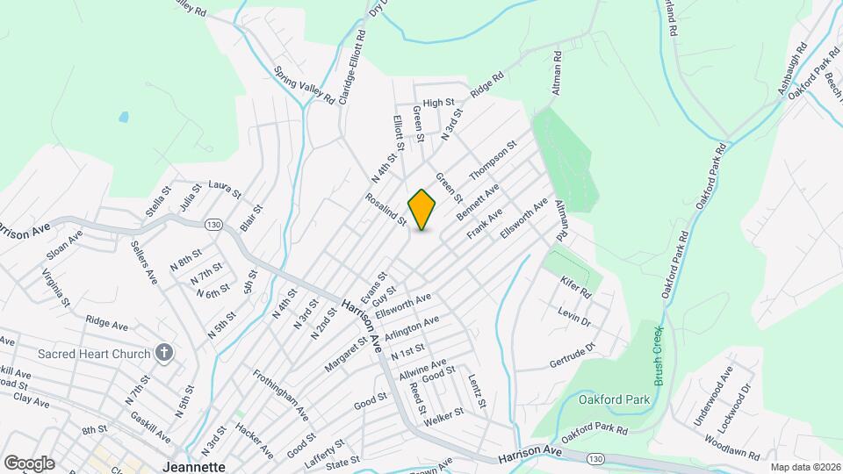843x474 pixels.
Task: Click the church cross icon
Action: [x=162, y=353]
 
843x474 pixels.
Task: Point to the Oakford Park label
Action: [x=615, y=400]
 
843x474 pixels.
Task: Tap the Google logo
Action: [x=28, y=463]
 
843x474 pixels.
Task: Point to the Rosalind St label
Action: [x=387, y=211]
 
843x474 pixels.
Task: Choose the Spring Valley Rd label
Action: [x=305, y=84]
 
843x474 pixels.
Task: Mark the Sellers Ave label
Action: [x=143, y=262]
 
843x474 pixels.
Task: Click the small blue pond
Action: [x=123, y=117]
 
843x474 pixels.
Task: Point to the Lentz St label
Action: [x=477, y=391]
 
